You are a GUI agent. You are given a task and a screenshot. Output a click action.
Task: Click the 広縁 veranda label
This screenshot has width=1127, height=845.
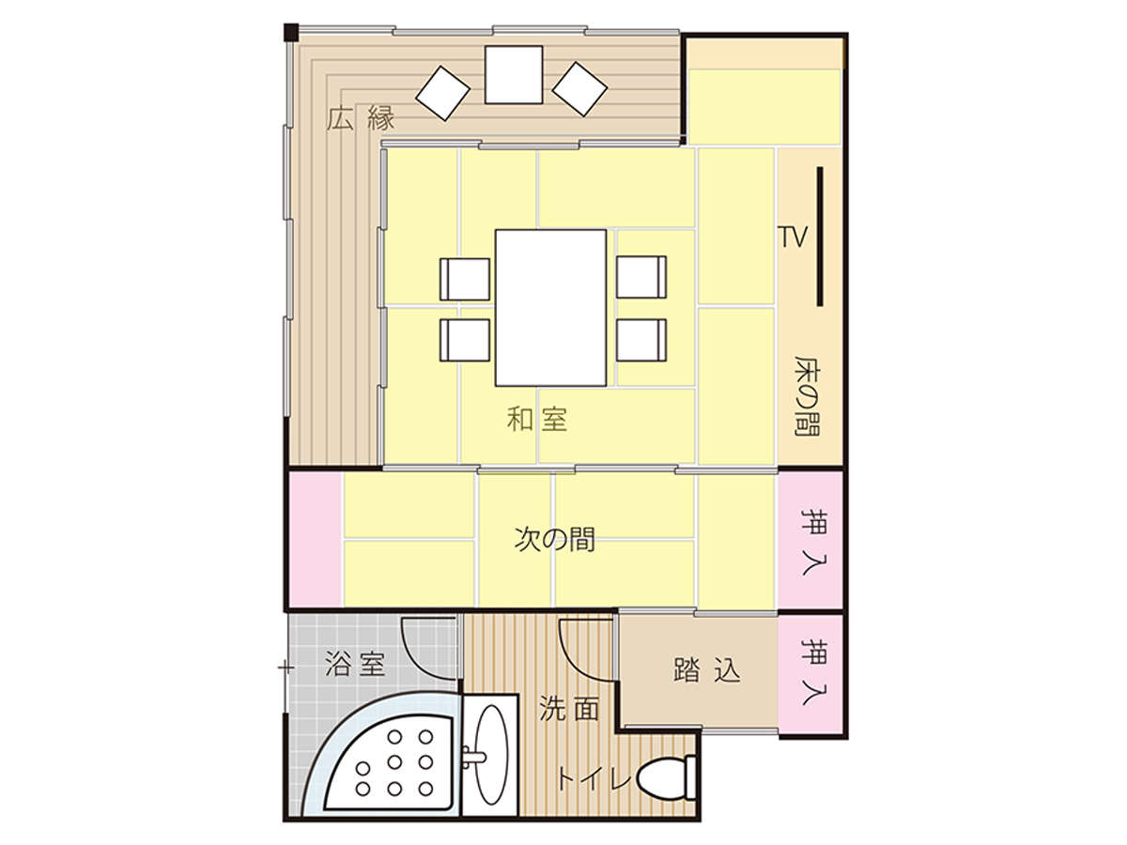pyautogui.click(x=361, y=118)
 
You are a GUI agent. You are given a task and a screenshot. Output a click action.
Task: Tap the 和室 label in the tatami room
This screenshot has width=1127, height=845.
pyautogui.click(x=536, y=418)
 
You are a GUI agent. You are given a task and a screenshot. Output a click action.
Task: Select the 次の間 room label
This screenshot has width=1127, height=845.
pyautogui.click(x=554, y=540)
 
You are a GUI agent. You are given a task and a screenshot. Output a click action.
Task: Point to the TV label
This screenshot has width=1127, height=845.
pyautogui.click(x=794, y=237)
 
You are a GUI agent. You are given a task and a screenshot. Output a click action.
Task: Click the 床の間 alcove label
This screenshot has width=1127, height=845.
pyautogui.click(x=807, y=395)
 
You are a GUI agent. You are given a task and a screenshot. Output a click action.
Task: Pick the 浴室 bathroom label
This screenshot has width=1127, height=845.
pyautogui.click(x=355, y=664)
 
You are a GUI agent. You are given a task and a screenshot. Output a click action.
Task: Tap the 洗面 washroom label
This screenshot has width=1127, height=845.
pyautogui.click(x=569, y=709)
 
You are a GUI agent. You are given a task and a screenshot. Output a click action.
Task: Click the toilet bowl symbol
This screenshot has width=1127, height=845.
pyautogui.click(x=667, y=777)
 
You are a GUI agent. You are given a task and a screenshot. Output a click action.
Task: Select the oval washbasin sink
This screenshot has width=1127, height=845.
pyautogui.click(x=491, y=754)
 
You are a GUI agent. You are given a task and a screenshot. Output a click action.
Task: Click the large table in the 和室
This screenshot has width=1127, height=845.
pyautogui.click(x=550, y=308)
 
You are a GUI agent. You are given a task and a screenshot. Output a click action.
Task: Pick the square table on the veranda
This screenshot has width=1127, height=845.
pyautogui.click(x=514, y=75)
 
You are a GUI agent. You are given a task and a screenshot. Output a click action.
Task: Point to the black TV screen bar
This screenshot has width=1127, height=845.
pyautogui.click(x=820, y=237)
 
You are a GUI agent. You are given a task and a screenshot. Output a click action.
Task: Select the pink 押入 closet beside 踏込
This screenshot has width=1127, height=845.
pyautogui.click(x=811, y=674)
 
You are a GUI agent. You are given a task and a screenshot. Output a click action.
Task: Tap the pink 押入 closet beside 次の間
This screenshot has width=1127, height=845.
pyautogui.click(x=811, y=542)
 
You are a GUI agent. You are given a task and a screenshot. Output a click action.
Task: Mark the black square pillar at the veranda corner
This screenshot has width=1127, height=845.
pyautogui.click(x=291, y=32)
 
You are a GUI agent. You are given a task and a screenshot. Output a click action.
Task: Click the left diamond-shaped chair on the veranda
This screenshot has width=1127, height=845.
pyautogui.click(x=442, y=93)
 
